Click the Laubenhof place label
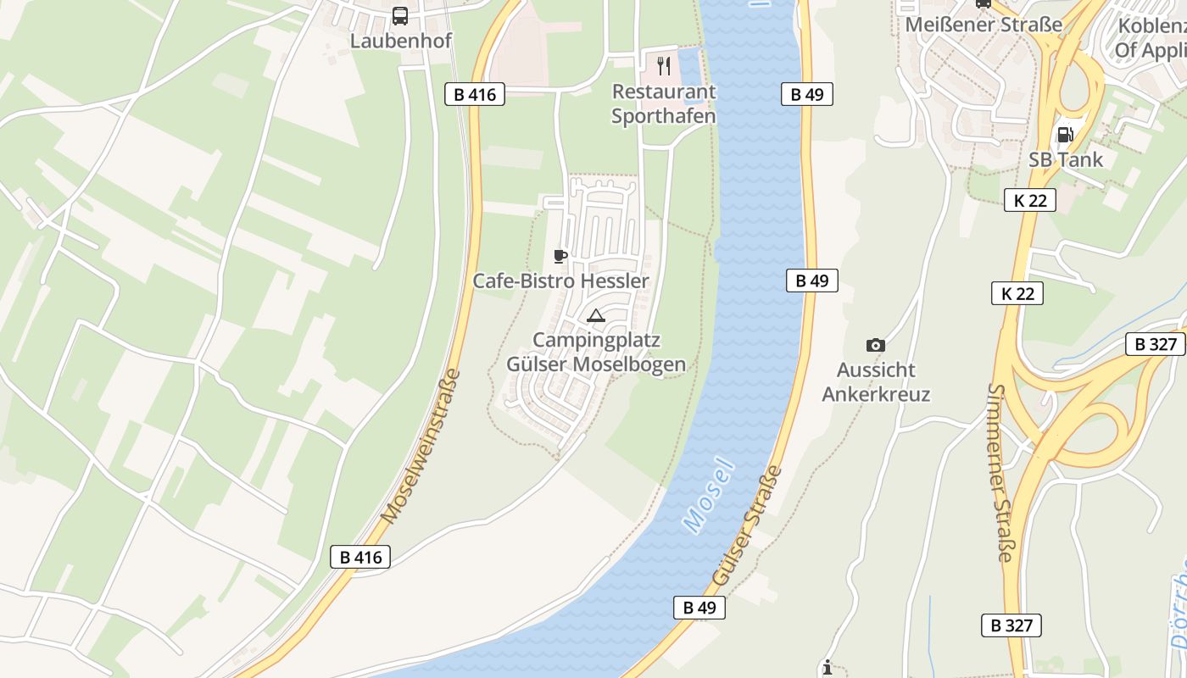point(401,41)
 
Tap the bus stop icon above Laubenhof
point(400,15)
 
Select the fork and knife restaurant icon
point(664,65)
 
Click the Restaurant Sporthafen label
point(664,103)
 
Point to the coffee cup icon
point(560,256)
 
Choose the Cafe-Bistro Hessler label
point(560,281)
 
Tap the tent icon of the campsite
point(596,316)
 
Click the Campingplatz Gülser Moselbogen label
point(596,352)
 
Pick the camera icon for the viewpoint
point(876,345)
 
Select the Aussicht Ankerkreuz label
point(876,382)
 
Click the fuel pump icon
point(1065,134)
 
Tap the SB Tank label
point(1066,159)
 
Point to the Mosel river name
point(707,496)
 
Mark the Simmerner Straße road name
point(1000,473)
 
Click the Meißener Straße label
point(984,25)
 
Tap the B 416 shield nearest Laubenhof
point(475,94)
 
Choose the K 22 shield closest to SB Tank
point(1030,200)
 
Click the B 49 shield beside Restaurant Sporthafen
point(807,94)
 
